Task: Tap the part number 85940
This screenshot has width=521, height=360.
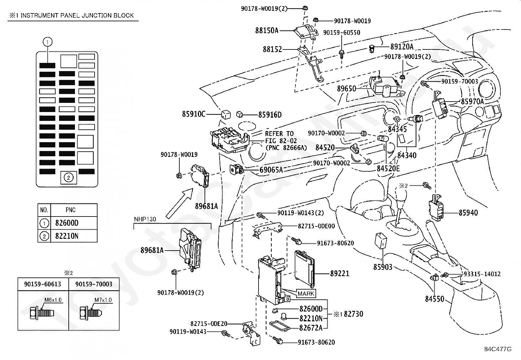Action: (468, 213)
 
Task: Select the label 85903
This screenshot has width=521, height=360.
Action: (383, 267)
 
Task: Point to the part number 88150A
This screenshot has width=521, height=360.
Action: (267, 31)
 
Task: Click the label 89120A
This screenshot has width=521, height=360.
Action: (402, 47)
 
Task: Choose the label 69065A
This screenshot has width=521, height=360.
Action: (271, 170)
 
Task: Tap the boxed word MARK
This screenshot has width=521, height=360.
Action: (306, 294)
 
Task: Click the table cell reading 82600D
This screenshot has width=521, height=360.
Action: (67, 223)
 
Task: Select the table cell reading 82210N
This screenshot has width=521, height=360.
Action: (67, 236)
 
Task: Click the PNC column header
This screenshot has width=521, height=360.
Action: (71, 210)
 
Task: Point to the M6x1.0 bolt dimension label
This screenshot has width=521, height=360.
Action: (53, 300)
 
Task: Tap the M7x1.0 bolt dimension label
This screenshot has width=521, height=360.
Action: (103, 300)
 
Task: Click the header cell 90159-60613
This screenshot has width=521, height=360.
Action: (43, 284)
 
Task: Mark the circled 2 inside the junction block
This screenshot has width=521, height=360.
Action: (68, 178)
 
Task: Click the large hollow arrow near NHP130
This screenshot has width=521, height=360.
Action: (180, 203)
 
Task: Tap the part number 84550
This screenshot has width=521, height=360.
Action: (435, 299)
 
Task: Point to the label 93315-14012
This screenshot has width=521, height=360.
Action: (482, 274)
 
